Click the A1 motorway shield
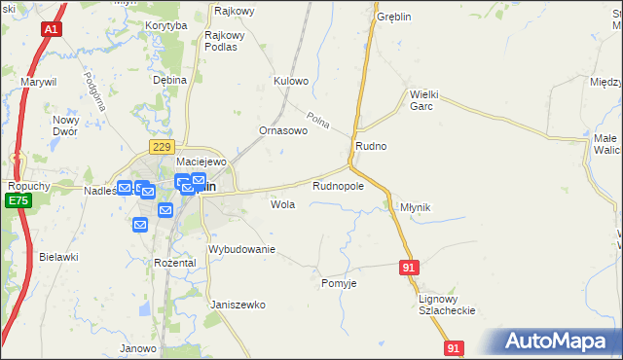(51, 31)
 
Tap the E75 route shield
(17, 200)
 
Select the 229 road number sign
(162, 146)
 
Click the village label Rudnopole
(338, 185)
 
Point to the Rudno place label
(371, 146)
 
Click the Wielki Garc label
(426, 100)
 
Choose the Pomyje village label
(339, 283)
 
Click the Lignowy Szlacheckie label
(446, 305)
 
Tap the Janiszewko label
(238, 305)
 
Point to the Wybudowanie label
(242, 249)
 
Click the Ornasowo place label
(282, 129)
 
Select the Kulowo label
(291, 81)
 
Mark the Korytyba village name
(165, 25)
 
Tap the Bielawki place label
(58, 257)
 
